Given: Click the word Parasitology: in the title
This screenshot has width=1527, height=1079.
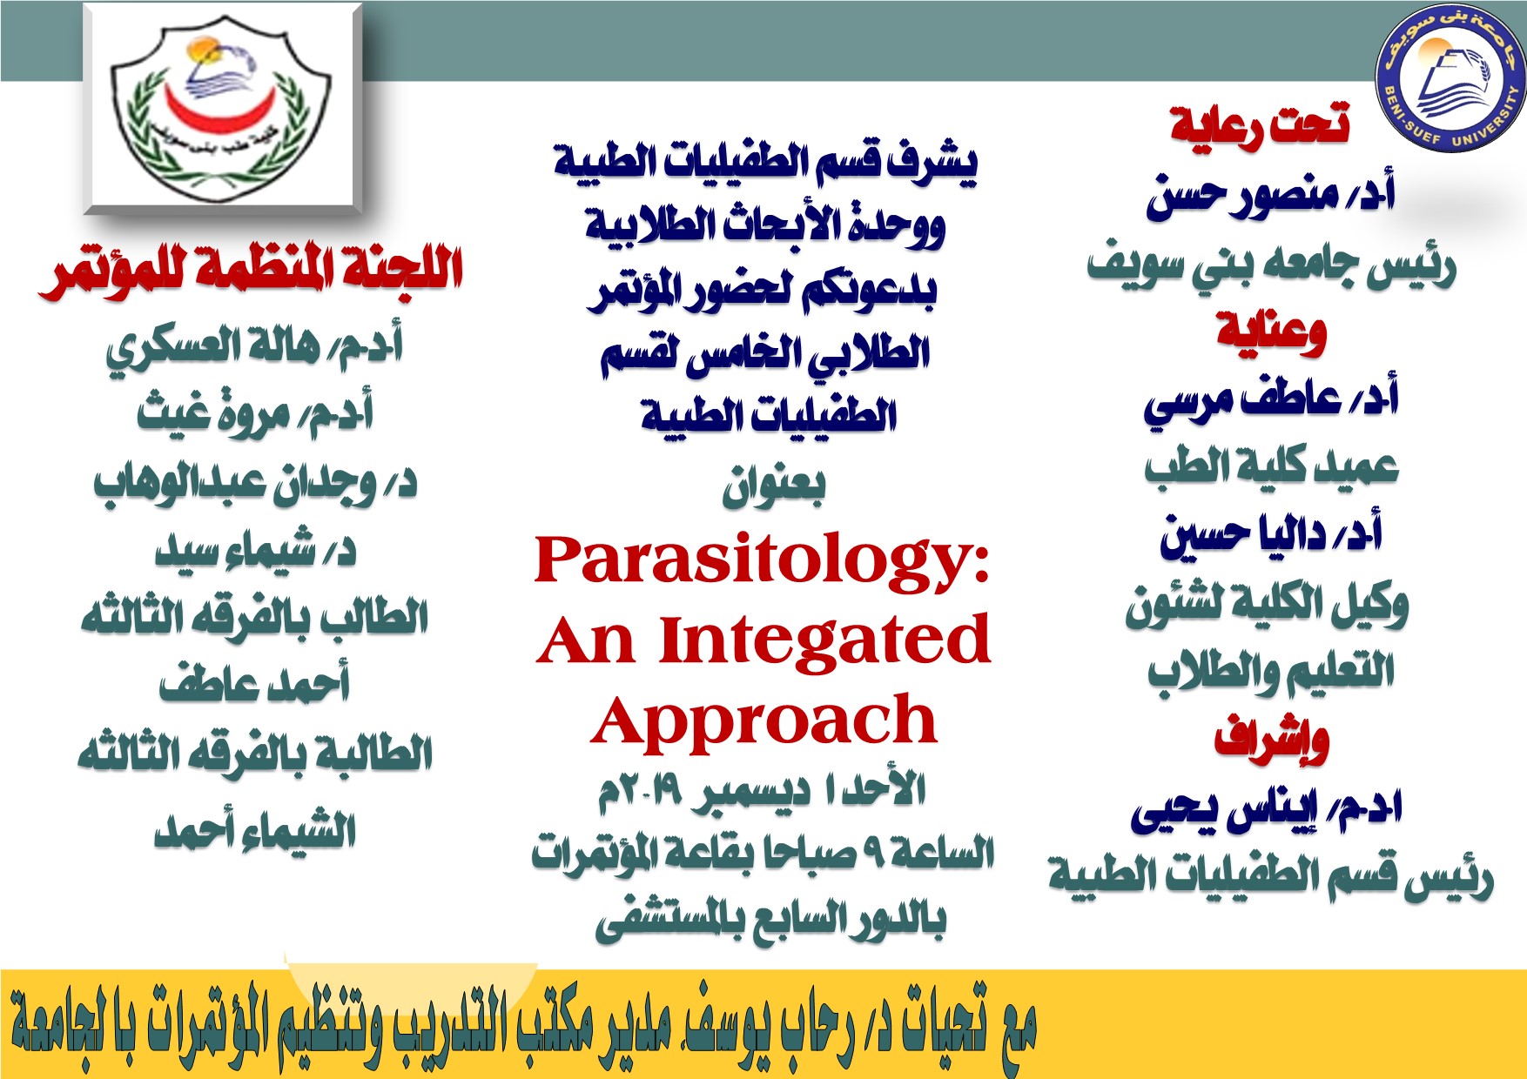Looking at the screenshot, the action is click(x=763, y=560).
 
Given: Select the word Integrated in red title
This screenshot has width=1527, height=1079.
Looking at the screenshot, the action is click(x=825, y=640).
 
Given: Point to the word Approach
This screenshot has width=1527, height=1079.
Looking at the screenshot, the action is click(x=763, y=720).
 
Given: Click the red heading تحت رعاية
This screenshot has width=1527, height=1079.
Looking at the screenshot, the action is click(x=1260, y=124).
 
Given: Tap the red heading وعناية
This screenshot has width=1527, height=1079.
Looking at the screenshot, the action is click(x=1271, y=332).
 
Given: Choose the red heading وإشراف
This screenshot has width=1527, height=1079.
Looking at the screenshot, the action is click(x=1271, y=740).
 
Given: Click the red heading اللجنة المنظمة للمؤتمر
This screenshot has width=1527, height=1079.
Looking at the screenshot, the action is click(x=251, y=272).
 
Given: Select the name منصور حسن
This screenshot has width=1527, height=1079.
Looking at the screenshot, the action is click(x=1241, y=196).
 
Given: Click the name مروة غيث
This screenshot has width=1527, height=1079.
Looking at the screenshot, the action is click(x=213, y=412).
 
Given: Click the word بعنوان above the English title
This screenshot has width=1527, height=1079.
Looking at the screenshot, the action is click(x=773, y=487).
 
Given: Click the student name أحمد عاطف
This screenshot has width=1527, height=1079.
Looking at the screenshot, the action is click(x=253, y=682).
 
